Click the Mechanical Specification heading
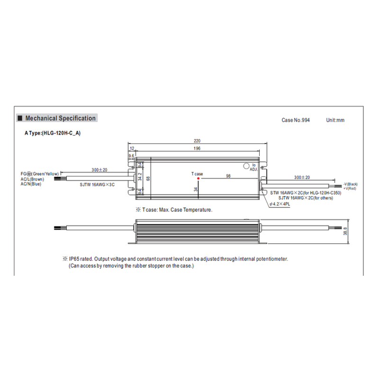(x=60, y=118)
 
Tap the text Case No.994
(x=296, y=120)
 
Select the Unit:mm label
(x=335, y=120)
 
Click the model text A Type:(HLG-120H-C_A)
(x=53, y=133)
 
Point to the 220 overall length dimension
(x=197, y=141)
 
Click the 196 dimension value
(x=197, y=148)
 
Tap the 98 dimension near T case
(x=228, y=176)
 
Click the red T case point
(x=197, y=179)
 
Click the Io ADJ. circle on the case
(x=246, y=166)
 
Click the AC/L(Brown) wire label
(x=32, y=179)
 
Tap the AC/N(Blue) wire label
(x=31, y=184)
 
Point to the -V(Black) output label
(x=350, y=183)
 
